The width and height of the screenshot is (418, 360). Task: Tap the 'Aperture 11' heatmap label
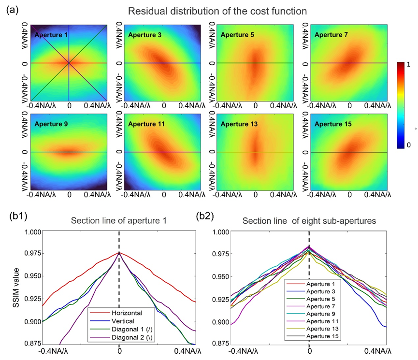[x=144, y=124]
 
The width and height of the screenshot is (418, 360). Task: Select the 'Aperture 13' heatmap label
[x=237, y=124]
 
